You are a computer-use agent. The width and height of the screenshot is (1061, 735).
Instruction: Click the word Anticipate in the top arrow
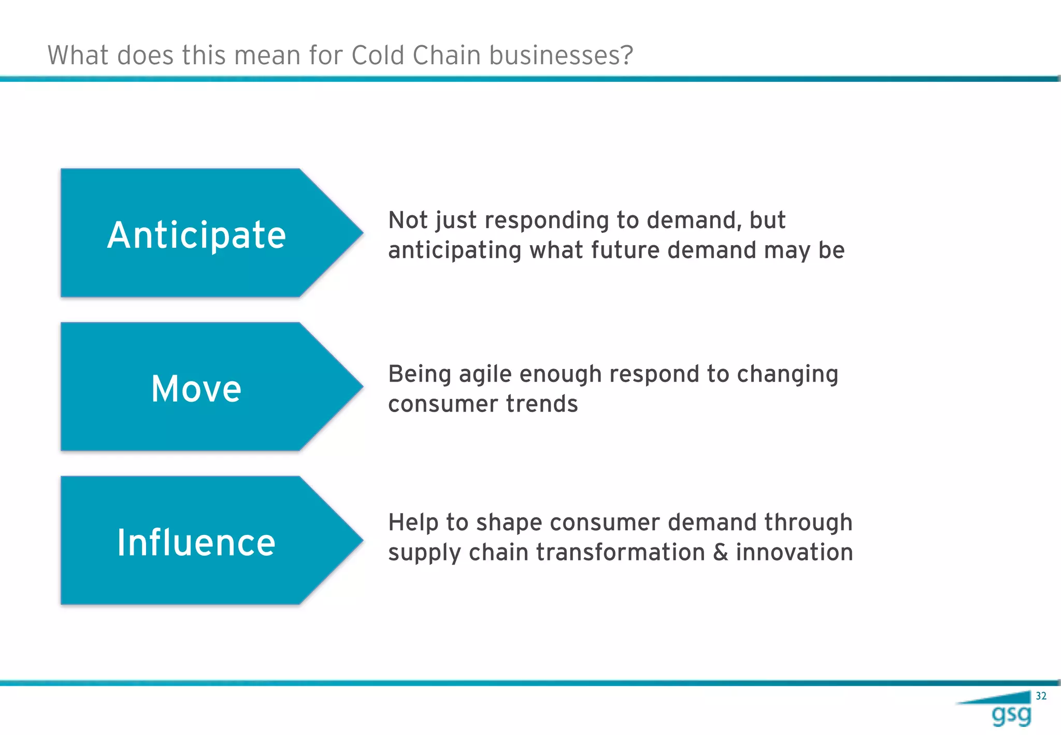196,235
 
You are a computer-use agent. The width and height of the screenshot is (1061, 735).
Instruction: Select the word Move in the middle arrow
196,389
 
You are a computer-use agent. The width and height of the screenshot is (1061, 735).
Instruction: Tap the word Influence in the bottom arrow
196,543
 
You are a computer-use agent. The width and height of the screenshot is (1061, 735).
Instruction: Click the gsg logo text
1011,715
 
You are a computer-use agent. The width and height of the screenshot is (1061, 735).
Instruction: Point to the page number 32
1041,696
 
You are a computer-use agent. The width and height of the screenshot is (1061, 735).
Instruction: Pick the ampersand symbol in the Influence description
721,553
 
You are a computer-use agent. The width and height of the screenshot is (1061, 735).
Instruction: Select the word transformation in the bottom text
620,553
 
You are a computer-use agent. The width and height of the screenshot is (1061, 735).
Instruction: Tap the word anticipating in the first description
454,251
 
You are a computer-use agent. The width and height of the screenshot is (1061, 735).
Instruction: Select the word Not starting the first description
408,220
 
